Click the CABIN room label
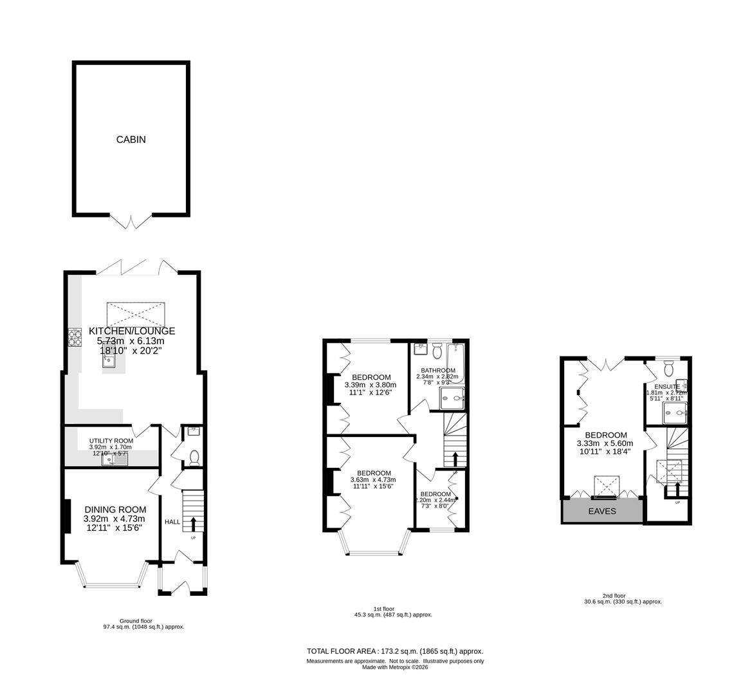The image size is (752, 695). (x=131, y=139)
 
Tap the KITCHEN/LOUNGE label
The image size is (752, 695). (x=132, y=331)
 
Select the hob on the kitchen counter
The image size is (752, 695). (x=74, y=338)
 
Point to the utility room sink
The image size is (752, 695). (x=120, y=459)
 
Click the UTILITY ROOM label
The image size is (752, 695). (x=111, y=441)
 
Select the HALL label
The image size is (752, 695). (x=172, y=522)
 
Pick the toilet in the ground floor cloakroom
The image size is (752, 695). (x=195, y=457)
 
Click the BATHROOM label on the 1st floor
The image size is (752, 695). (x=438, y=371)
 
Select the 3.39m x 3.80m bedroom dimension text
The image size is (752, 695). (x=371, y=384)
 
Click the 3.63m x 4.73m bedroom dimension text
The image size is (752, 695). (x=372, y=479)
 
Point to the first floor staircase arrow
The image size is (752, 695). (x=455, y=458)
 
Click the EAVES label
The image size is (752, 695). (x=602, y=512)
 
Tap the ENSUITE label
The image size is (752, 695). (x=667, y=386)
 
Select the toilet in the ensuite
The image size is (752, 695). (x=668, y=368)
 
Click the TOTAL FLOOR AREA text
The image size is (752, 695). (x=395, y=651)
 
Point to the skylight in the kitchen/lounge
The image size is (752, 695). (x=136, y=314)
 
